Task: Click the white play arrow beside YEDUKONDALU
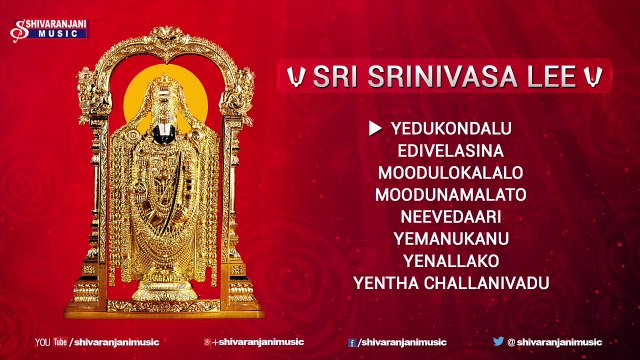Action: point(376,127)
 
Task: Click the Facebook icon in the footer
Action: point(352,341)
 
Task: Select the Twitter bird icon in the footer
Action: point(497,341)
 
